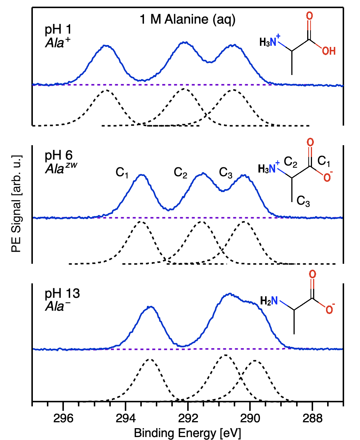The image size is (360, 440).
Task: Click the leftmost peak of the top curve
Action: (106, 45)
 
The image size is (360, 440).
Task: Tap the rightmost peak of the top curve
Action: (233, 45)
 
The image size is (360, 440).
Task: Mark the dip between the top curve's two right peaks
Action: (209, 62)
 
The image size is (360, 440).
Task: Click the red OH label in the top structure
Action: (329, 51)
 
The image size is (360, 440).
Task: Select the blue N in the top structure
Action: (273, 42)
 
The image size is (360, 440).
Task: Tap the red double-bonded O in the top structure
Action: (309, 16)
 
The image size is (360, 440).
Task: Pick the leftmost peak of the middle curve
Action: (142, 175)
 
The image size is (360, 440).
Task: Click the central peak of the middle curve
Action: (203, 173)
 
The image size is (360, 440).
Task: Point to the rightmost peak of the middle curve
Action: (244, 175)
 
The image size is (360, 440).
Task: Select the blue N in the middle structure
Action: (272, 169)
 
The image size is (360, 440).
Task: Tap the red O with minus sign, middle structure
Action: (327, 178)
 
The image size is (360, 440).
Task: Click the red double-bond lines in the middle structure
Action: (310, 152)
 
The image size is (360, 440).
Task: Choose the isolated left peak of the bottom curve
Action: (150, 307)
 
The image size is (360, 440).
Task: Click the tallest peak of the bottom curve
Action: (230, 294)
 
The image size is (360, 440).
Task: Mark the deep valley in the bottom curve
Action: (183, 347)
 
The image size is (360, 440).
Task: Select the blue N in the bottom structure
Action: (274, 301)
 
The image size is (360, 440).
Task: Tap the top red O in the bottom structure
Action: (312, 274)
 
